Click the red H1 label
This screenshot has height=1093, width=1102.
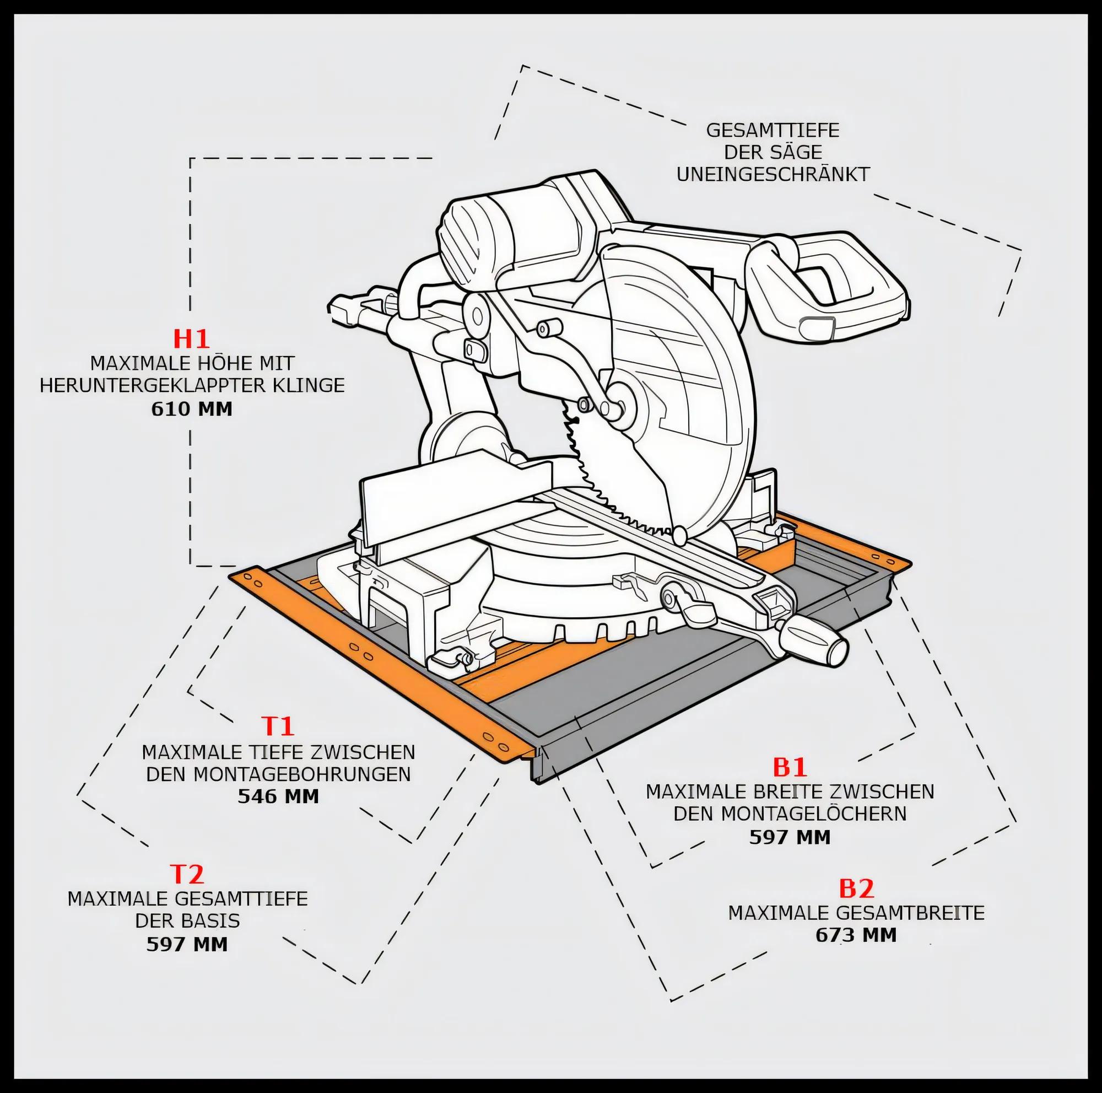(192, 338)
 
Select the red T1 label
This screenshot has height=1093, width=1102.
(278, 726)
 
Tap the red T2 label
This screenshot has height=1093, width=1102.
(187, 874)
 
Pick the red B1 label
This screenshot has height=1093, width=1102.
(790, 767)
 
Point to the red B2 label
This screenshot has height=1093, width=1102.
(856, 888)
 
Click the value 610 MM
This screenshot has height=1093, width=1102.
(192, 409)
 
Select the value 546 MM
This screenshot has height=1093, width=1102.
(278, 796)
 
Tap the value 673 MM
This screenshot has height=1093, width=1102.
(856, 935)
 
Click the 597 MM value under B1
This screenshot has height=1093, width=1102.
(790, 837)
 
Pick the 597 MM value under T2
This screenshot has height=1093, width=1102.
(187, 944)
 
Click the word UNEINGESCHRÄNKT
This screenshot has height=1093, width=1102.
(773, 174)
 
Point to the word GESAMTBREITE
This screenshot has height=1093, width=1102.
(911, 913)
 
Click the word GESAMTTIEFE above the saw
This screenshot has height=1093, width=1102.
(773, 131)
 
